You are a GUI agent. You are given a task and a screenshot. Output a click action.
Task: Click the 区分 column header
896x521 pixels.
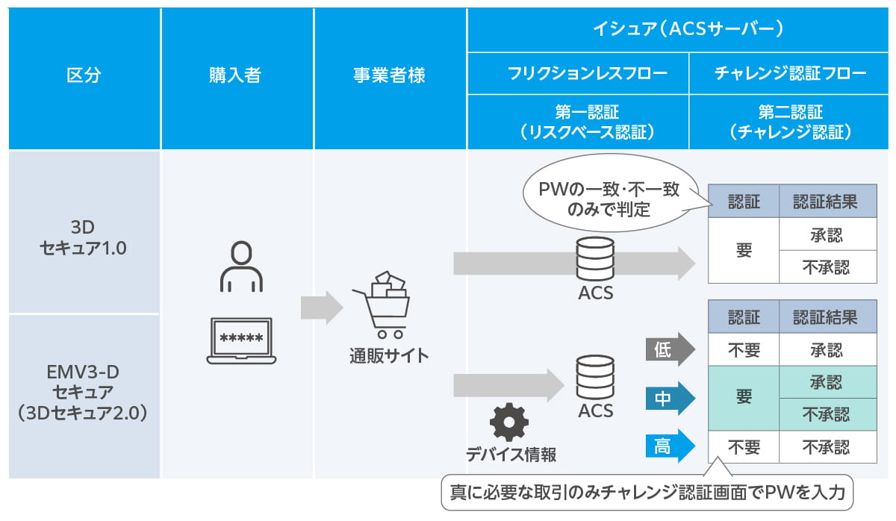pyautogui.click(x=84, y=75)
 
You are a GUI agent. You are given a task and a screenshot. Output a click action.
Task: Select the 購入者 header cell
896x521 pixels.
pyautogui.click(x=237, y=75)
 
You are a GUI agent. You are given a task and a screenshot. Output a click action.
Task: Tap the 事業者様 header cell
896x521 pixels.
pyautogui.click(x=389, y=75)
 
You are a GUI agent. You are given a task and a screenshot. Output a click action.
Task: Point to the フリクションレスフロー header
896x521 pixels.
pyautogui.click(x=577, y=73)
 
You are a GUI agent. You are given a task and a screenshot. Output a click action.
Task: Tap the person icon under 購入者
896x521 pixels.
pyautogui.click(x=241, y=266)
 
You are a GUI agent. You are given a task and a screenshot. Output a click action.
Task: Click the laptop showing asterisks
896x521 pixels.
pyautogui.click(x=241, y=339)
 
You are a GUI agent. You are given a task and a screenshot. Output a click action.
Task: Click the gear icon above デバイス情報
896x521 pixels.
pyautogui.click(x=509, y=422)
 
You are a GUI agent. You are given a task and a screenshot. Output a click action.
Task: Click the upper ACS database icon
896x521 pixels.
pyautogui.click(x=595, y=258)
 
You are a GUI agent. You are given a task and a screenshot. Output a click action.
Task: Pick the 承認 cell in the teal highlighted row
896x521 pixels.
pyautogui.click(x=826, y=382)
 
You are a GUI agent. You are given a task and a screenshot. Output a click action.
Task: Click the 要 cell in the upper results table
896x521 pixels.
pyautogui.click(x=744, y=251)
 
